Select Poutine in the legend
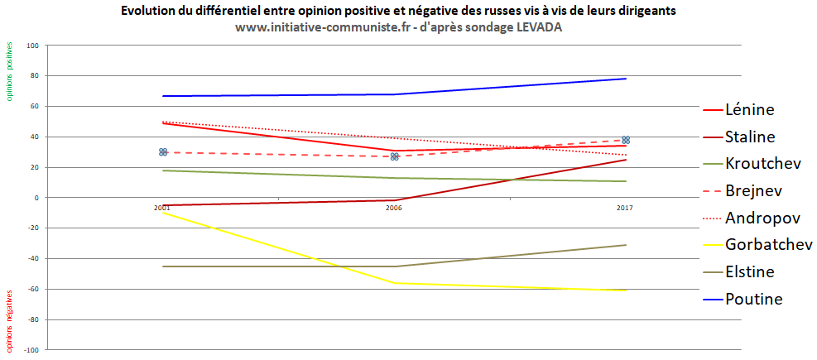pos(753,299)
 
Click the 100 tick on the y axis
pos(33,46)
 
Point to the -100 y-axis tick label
pos(31,350)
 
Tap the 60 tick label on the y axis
pos(35,107)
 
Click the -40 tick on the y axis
pos(33,259)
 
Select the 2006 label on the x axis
pos(394,209)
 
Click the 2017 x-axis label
pos(625,209)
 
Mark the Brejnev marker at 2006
pos(395,156)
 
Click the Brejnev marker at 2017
pos(626,140)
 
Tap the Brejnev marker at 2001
pos(163,152)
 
